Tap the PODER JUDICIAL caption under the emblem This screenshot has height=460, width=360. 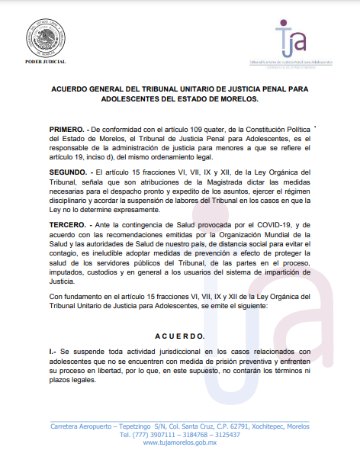pos(44,61)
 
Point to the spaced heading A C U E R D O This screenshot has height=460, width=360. pos(180,336)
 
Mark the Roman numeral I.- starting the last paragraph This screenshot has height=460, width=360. pos(53,352)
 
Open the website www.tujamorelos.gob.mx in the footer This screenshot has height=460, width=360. pos(180,443)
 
